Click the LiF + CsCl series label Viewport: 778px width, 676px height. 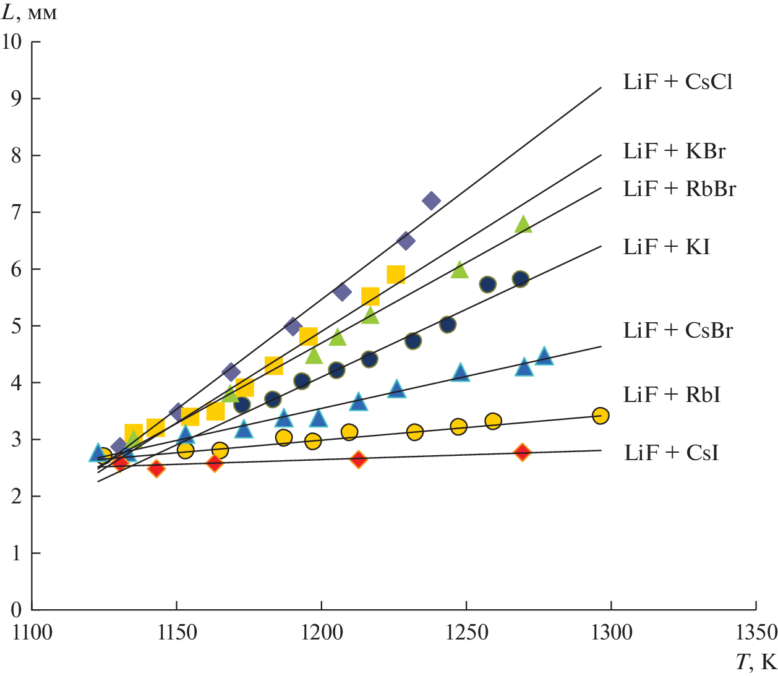tap(678, 82)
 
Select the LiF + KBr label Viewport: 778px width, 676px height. tap(674, 151)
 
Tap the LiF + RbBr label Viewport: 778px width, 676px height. tap(680, 189)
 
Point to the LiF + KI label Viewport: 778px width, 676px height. tap(667, 247)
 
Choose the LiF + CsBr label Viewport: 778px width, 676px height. tap(678, 330)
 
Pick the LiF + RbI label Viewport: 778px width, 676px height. tap(672, 395)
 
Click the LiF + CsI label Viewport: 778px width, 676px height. tap(672, 453)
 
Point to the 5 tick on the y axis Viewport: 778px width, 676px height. tap(17, 326)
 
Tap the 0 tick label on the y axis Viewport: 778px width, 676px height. tap(17, 610)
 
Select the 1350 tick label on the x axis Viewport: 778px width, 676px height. tap(756, 633)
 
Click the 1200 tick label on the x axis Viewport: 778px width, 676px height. tap(322, 633)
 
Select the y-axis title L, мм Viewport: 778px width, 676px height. tap(30, 13)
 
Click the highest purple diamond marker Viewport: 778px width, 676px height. tap(431, 200)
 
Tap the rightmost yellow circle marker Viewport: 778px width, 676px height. tap(600, 416)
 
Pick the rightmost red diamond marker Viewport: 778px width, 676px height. tap(523, 452)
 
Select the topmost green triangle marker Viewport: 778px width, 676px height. tap(523, 224)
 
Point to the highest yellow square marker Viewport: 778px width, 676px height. tap(396, 275)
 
